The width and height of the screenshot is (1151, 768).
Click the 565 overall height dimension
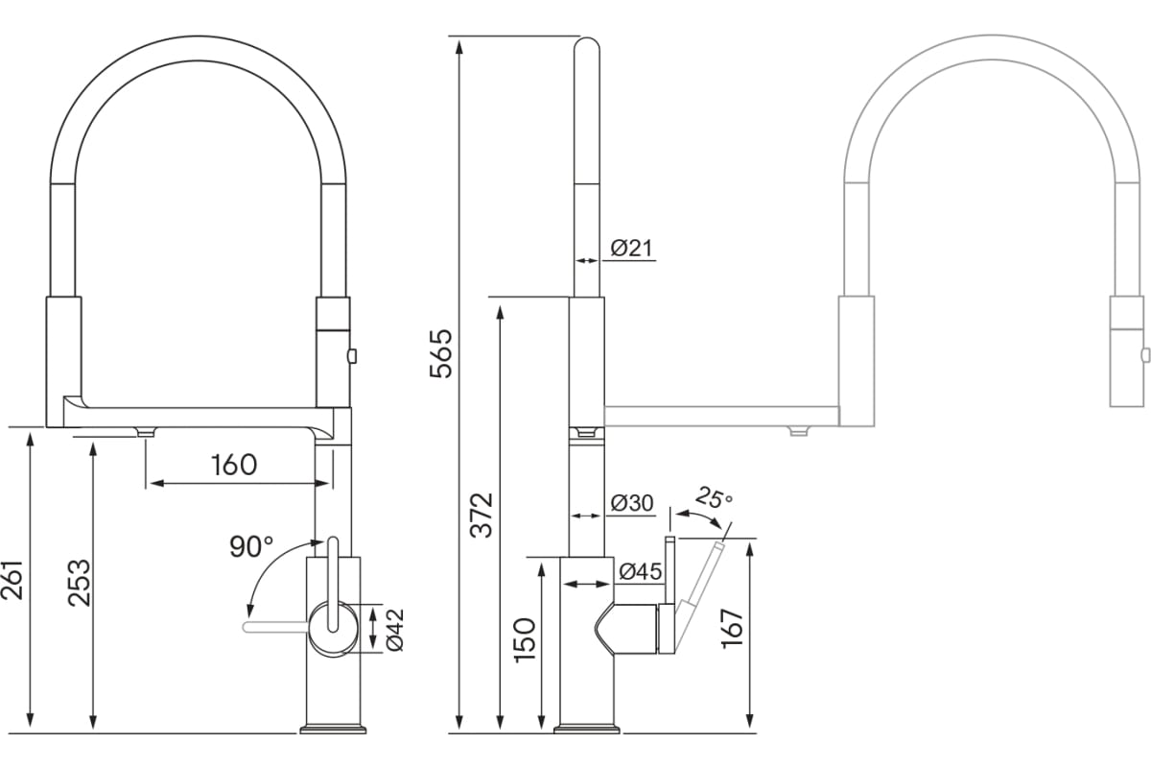(x=440, y=354)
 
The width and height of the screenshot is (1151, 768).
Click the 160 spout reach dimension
(x=234, y=465)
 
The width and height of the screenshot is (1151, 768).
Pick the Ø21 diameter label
(x=631, y=248)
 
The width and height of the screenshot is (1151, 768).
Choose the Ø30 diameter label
(x=631, y=503)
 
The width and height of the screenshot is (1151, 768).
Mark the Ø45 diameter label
(x=640, y=572)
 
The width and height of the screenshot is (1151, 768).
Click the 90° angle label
(x=251, y=546)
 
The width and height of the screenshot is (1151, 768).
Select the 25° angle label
(x=714, y=498)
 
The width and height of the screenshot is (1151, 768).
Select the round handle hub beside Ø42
(x=332, y=628)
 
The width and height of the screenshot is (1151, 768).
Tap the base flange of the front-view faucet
(x=333, y=730)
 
